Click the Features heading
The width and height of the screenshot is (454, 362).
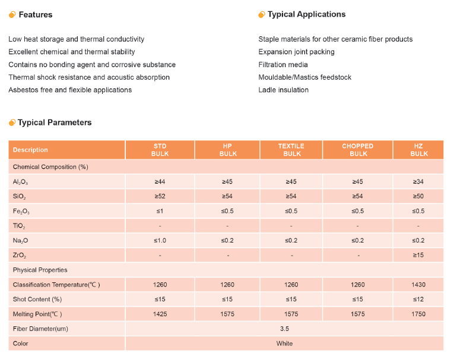[36, 15]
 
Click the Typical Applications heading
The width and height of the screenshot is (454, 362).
[306, 14]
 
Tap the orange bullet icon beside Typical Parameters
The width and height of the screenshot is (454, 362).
[12, 122]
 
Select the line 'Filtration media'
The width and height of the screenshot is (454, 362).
[283, 64]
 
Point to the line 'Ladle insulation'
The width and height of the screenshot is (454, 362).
[284, 90]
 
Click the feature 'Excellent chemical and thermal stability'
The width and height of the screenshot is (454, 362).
[72, 52]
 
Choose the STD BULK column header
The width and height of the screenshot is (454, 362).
[160, 150]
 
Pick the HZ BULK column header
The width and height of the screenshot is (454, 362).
[418, 150]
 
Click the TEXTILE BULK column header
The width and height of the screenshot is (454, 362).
[291, 150]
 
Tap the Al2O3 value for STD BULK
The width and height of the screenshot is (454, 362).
[160, 181]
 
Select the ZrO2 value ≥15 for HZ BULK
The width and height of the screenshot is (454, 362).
[418, 255]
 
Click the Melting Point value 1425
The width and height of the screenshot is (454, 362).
[160, 314]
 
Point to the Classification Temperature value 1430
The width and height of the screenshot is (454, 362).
[418, 285]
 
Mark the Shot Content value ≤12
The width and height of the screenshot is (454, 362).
[418, 299]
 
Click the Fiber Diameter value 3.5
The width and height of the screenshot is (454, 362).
[284, 329]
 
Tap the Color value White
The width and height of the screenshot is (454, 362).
[284, 344]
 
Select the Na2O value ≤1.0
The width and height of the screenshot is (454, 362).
[160, 241]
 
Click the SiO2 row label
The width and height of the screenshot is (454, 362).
[20, 197]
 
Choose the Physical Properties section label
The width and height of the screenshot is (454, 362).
[40, 270]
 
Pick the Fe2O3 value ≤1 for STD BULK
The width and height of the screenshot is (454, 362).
[160, 211]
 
